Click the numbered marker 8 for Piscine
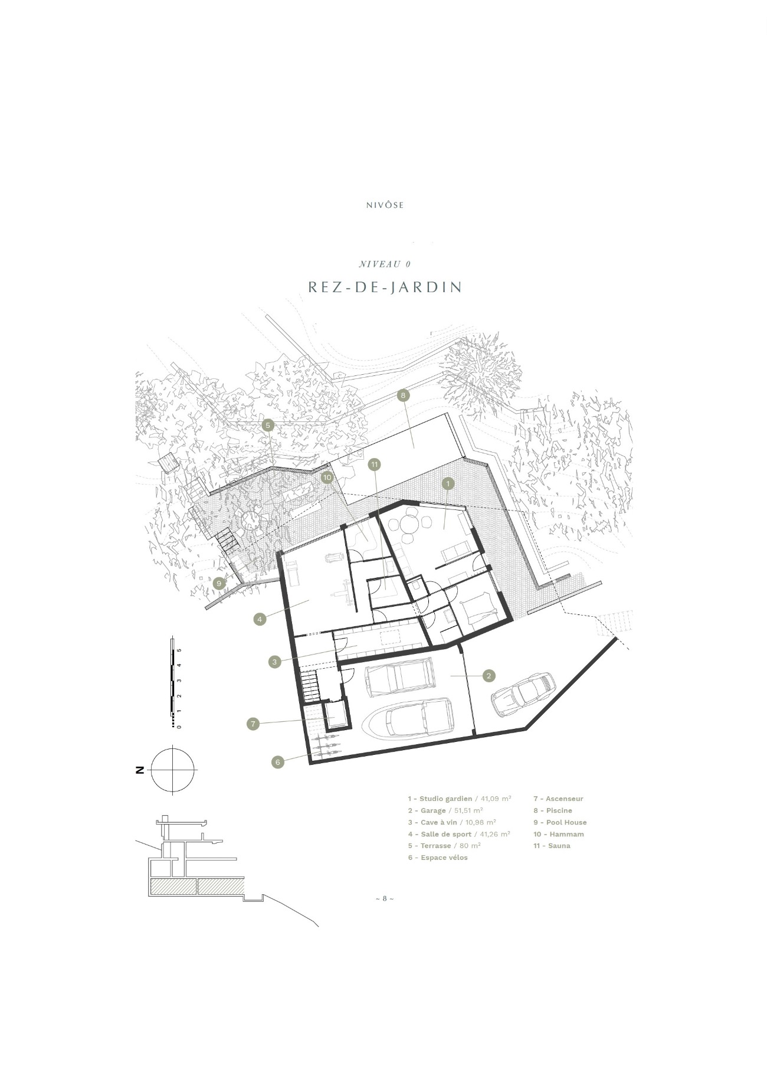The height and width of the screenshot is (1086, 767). tap(404, 395)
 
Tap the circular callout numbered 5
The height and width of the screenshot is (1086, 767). tap(268, 425)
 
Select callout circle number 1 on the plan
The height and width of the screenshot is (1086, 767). tap(448, 483)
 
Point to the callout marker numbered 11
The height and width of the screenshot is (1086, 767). tap(374, 465)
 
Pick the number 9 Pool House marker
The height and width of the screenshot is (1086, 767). tap(219, 583)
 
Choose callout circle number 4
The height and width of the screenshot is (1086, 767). tap(260, 619)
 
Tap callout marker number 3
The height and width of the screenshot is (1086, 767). tap(274, 662)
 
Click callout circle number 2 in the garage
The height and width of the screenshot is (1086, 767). tap(489, 676)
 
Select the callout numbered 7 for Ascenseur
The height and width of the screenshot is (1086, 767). tap(253, 723)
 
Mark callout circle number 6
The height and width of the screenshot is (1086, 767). tap(278, 762)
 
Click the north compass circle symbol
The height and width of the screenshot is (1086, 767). tap(173, 770)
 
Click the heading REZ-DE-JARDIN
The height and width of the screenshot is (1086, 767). tap(385, 287)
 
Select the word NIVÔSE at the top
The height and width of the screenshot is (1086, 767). tap(384, 205)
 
